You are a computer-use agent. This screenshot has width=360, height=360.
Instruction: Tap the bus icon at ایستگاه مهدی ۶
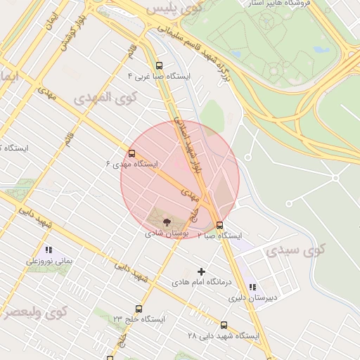[131, 153]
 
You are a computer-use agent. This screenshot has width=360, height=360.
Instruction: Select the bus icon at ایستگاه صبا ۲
[221, 226]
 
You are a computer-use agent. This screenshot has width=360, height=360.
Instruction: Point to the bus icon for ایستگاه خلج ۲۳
[138, 309]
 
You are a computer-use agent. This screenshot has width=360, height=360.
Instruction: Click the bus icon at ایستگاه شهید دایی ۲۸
[224, 325]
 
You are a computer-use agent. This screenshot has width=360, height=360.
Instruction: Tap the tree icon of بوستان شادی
[167, 221]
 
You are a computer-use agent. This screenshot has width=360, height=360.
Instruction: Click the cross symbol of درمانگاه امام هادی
[202, 271]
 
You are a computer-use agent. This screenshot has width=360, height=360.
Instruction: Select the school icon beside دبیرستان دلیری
[252, 287]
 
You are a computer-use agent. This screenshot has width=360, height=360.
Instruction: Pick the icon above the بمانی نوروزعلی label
[49, 250]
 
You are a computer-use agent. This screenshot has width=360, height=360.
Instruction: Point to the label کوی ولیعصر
[34, 311]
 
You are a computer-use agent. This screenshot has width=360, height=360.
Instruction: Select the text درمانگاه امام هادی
[202, 282]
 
